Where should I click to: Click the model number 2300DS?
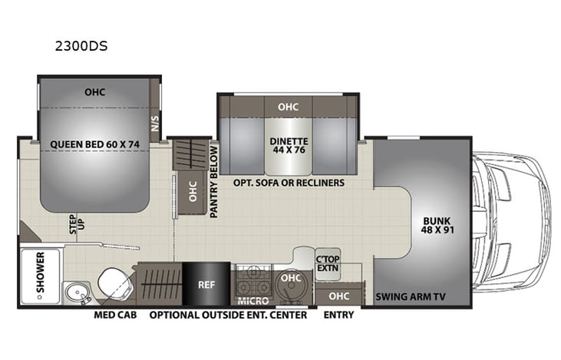pos(81,45)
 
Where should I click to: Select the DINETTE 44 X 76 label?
pos(289,145)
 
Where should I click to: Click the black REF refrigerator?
pos(206,284)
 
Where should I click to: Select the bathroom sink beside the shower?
pos(78,292)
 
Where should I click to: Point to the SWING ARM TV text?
pos(411,296)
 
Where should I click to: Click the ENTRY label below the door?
pos(338,315)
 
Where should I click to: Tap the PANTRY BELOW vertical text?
pos(215,181)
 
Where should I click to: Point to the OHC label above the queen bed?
pos(95,93)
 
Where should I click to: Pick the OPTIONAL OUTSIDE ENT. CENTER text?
pos(228,315)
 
